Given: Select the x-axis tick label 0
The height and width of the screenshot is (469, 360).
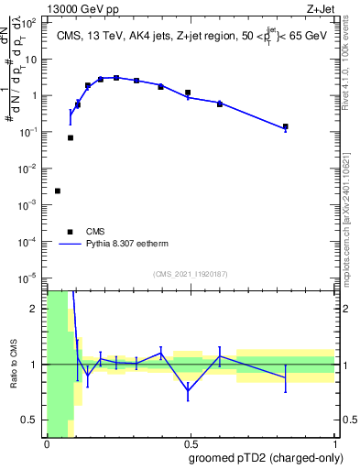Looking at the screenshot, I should coord(46,444).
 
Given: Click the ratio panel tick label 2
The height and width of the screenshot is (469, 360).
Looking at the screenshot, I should coord(37,309).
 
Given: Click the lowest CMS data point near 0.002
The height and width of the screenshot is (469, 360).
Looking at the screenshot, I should coord(58,191).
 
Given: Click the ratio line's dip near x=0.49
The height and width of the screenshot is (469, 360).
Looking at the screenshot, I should coord(188,391).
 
